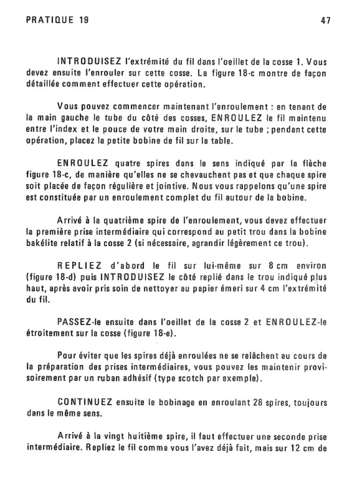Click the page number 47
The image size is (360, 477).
(x=326, y=21)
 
